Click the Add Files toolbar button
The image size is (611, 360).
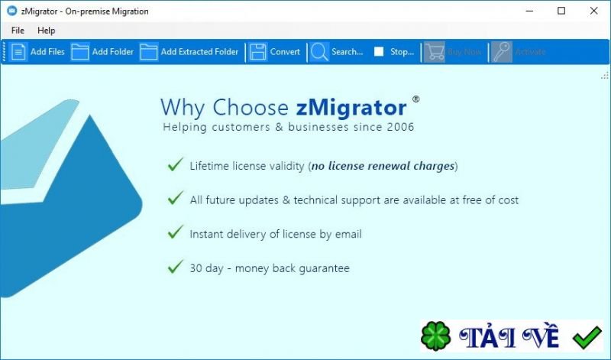click(38, 52)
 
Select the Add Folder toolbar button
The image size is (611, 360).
click(102, 52)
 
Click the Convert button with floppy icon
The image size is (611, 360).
click(275, 52)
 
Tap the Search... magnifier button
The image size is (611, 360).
click(337, 52)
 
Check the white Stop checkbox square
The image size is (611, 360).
click(379, 52)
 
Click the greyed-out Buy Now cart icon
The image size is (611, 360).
click(435, 52)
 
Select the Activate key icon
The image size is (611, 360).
click(502, 52)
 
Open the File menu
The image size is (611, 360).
click(18, 31)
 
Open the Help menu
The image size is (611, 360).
click(47, 31)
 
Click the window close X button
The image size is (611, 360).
click(593, 11)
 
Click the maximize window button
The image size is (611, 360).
click(561, 11)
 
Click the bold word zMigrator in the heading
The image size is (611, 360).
click(352, 107)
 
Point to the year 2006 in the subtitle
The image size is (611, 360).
click(401, 127)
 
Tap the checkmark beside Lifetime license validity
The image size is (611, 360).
click(175, 165)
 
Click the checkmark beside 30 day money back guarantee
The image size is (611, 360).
click(175, 268)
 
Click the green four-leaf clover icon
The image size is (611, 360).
click(435, 337)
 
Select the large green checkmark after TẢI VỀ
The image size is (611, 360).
click(587, 336)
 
